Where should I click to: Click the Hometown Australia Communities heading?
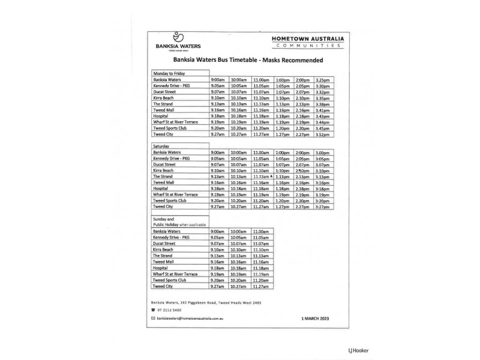(x=306, y=41)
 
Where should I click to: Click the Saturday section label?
(x=162, y=146)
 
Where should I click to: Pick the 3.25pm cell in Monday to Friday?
(x=322, y=80)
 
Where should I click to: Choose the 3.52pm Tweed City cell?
(x=322, y=134)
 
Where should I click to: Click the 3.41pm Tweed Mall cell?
(x=322, y=110)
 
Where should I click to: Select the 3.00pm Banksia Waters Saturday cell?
(x=322, y=153)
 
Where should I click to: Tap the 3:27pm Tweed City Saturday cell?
(x=322, y=207)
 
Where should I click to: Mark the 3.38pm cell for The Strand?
(x=322, y=104)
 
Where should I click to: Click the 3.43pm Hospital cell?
(x=322, y=116)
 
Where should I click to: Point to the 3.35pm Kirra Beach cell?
(x=322, y=98)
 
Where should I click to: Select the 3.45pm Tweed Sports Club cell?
(x=322, y=128)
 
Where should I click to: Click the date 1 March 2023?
(x=314, y=318)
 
